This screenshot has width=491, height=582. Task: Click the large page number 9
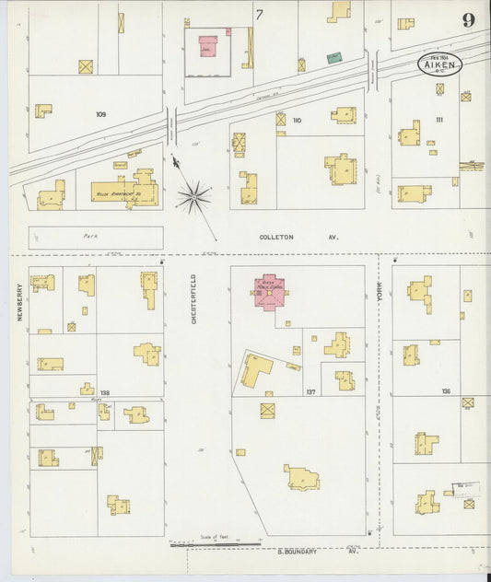(468, 21)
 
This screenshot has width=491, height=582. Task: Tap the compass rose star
(193, 194)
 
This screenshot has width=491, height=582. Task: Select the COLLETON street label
(276, 237)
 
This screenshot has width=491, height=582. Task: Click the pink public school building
(270, 291)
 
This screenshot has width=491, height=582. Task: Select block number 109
(100, 114)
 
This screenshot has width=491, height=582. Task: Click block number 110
(297, 121)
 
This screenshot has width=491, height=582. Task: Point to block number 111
(438, 121)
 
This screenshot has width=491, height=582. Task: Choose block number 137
(310, 392)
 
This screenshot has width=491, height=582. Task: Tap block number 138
(104, 393)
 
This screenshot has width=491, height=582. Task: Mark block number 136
(446, 392)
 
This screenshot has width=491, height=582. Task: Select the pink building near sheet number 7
(208, 45)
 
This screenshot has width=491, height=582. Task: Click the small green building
(333, 57)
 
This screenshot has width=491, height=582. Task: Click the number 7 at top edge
(260, 14)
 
